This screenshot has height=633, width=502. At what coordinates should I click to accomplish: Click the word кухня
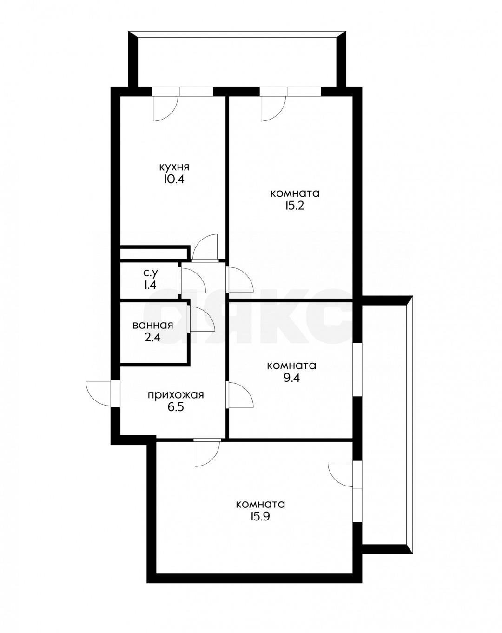(174, 167)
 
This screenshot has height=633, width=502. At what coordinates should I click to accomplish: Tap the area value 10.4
(174, 179)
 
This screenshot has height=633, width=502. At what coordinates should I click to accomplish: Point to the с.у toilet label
(151, 273)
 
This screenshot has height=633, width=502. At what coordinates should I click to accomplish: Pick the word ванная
(152, 326)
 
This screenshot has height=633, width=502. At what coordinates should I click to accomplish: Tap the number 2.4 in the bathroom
(152, 337)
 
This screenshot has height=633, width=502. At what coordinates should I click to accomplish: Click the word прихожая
(176, 395)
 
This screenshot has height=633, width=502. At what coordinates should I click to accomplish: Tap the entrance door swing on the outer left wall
(99, 394)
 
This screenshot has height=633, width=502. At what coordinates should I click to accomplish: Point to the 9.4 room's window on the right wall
(357, 369)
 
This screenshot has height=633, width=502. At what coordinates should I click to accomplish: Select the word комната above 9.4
(291, 366)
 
